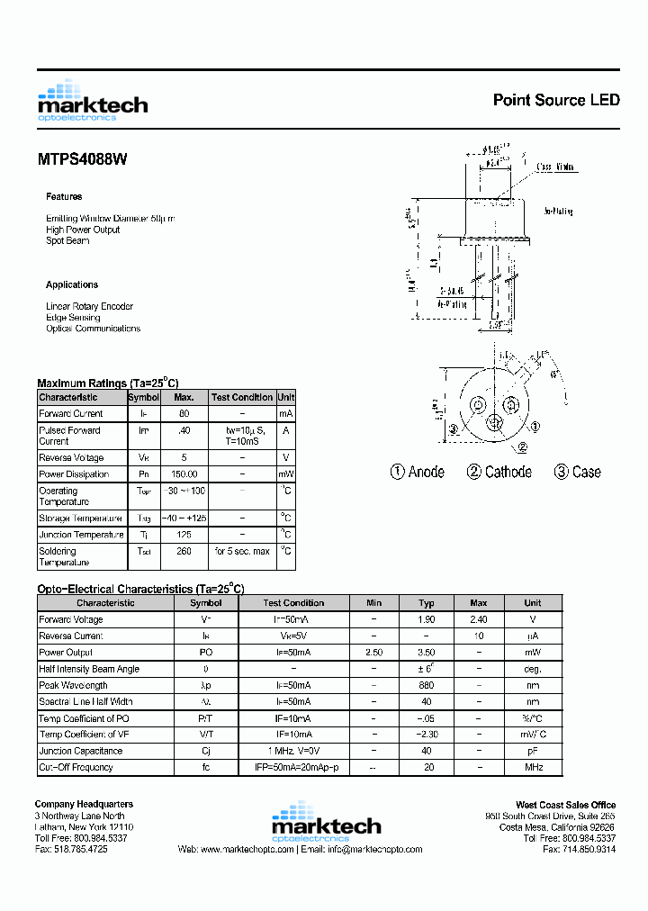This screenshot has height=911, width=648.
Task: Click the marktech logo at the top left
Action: [92, 101]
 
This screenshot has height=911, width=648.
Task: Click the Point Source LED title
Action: [556, 100]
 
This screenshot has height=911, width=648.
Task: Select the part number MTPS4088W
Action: [82, 159]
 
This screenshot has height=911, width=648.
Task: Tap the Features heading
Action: [64, 196]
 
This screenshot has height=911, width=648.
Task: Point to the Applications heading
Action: [72, 284]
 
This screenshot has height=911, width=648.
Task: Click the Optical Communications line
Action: [93, 329]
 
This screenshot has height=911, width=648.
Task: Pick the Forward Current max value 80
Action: [184, 414]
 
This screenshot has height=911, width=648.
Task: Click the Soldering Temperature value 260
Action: [184, 551]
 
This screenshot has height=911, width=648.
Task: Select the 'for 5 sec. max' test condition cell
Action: [242, 551]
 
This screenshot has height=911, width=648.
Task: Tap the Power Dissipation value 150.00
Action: [184, 474]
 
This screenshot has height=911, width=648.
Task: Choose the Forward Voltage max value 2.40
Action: [479, 619]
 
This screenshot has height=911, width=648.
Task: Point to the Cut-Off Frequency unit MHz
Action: [533, 768]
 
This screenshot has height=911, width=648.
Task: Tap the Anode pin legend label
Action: [417, 472]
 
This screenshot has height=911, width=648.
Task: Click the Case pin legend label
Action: [577, 472]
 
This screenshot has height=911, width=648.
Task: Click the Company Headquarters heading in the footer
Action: [84, 804]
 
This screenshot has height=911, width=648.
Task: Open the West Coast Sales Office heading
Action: [565, 805]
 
